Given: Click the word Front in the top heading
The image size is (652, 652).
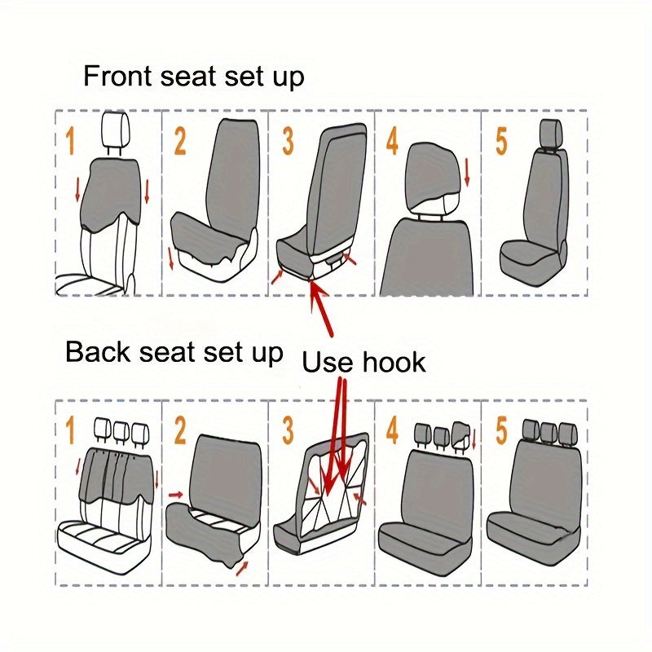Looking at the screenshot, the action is click(117, 76).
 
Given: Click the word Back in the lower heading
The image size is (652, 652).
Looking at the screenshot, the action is click(98, 352).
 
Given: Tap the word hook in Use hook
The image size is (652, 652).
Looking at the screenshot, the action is click(394, 362).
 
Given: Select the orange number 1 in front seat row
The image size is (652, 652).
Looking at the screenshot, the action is click(71, 141).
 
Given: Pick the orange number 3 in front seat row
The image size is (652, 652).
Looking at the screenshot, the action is click(288, 141).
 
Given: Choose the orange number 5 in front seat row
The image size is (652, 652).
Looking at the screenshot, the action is click(502, 141).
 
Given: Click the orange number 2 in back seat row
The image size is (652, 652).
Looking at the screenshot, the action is click(180, 430).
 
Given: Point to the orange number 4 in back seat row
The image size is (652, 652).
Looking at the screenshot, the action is click(392, 430).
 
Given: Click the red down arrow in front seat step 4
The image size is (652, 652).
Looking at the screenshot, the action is click(467, 172).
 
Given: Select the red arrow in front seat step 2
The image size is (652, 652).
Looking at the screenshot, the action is click(171, 258).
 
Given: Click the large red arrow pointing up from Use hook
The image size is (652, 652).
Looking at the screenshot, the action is click(321, 309).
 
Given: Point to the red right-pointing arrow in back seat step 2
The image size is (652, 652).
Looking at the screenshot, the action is click(176, 495).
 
